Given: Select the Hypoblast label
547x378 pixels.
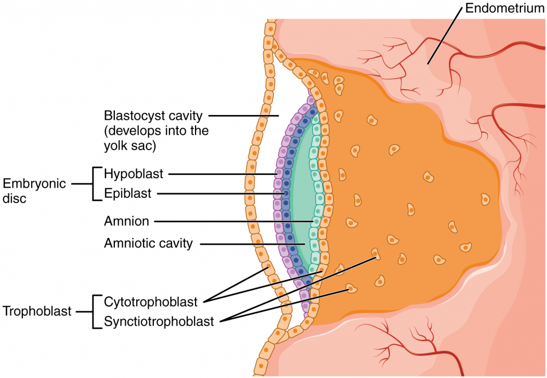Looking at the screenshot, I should coord(134,173).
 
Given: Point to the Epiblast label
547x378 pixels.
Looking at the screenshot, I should coord(128,193).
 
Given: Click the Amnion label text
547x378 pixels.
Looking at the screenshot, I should coord(127,220).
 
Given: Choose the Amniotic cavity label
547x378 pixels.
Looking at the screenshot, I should coord(148,244).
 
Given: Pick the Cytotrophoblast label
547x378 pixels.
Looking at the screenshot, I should coord(151,302).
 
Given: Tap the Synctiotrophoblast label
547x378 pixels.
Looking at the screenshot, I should coord(159,321).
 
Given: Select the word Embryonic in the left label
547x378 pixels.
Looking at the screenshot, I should coord(34,184).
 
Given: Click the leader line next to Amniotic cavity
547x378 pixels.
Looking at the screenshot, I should coord(251,244).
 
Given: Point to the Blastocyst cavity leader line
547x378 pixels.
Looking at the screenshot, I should coord(244,115).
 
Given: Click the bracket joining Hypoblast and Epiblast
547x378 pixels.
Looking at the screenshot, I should coord(94,184).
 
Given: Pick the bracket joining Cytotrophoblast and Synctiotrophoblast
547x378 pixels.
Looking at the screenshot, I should coord(94,311).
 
